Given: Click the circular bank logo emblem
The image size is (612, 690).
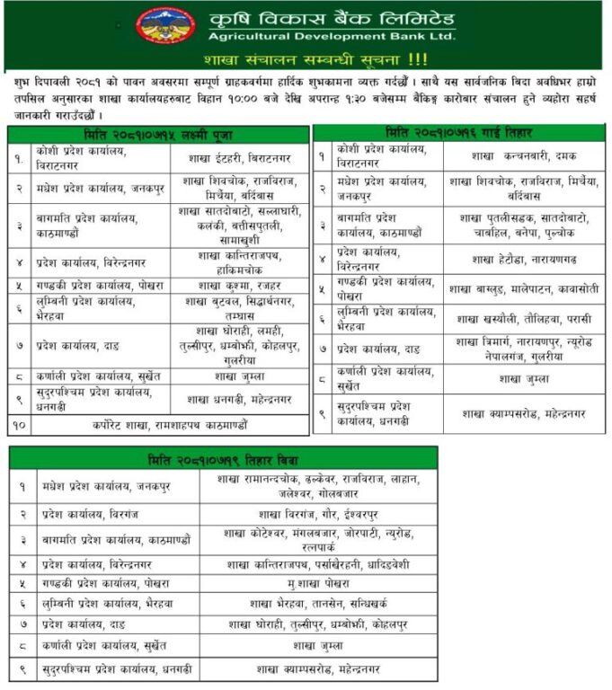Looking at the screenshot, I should click(x=166, y=25).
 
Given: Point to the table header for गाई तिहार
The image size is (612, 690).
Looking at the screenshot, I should click(x=458, y=131).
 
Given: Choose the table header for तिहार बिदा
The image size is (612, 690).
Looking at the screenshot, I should click(x=224, y=459).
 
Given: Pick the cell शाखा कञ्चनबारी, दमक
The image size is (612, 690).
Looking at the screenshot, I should click(x=523, y=155).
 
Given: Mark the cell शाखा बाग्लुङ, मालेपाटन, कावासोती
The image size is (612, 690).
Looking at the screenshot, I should click(x=523, y=288).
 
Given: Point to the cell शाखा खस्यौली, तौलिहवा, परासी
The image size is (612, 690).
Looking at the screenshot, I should click(x=523, y=318).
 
